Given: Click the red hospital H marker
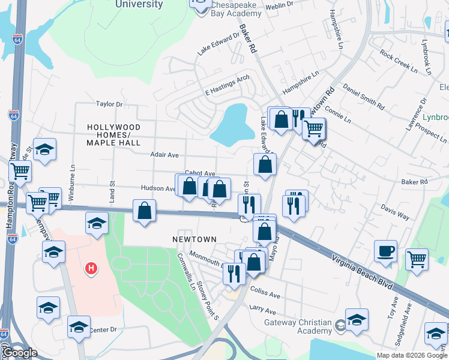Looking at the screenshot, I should [91, 268].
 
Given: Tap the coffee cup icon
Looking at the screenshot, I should [385, 250].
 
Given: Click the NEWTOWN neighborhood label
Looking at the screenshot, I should [194, 239].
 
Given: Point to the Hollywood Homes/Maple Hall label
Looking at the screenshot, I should [113, 135].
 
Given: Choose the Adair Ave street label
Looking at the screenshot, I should [164, 155].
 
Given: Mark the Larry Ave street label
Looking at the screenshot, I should [262, 310].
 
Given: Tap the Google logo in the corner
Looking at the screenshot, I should [19, 353].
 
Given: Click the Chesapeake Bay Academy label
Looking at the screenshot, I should [236, 8].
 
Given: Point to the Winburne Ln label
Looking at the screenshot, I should [73, 178].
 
